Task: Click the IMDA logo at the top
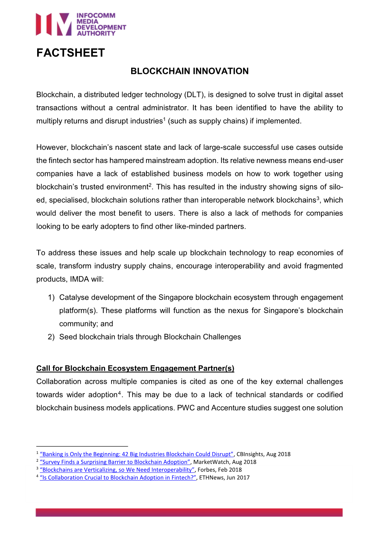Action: [81, 25]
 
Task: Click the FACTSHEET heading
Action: [71, 53]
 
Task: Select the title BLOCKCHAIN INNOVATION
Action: [189, 71]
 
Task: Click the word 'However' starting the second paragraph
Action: [52, 147]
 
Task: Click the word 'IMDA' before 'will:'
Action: [79, 279]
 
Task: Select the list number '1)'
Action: [51, 298]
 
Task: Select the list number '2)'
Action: [51, 337]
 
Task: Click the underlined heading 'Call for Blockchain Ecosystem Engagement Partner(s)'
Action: [135, 368]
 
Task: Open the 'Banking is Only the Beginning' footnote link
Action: [136, 454]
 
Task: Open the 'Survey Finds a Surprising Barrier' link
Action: [115, 462]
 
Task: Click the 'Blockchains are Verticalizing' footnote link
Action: [117, 470]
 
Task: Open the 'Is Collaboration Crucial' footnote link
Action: [118, 478]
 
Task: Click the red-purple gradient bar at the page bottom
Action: [189, 513]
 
